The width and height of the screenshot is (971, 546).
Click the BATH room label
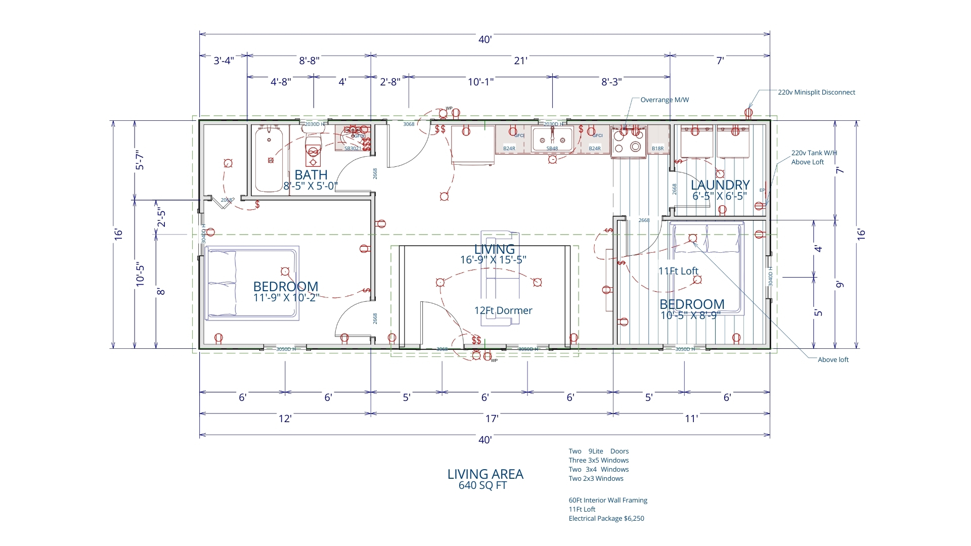pos(311,175)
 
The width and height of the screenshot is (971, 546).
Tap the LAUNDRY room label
pos(720,185)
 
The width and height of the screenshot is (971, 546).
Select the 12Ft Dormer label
pos(503,310)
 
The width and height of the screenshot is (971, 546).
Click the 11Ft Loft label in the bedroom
pos(678,271)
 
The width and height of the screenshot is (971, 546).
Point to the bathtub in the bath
pos(269,159)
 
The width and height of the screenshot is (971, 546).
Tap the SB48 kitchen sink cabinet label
pos(552,149)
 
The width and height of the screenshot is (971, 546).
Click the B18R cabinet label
pos(657,149)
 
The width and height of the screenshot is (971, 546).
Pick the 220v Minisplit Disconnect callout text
pos(816,92)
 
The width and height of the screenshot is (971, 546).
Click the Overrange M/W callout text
pos(665,100)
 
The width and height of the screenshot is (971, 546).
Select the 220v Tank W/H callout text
pos(814,153)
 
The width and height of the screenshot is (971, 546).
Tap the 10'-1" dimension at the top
pos(480,82)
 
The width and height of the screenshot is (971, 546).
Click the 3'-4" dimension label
pos(223,61)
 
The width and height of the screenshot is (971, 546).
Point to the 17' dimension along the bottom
pos(492,419)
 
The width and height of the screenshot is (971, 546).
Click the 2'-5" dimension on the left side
pos(161,217)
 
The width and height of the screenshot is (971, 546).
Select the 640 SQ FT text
pos(482,485)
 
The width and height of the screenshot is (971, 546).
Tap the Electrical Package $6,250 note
pos(606,518)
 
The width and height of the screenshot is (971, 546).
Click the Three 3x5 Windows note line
pos(598,460)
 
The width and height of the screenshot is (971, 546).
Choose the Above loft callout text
pos(833,359)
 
